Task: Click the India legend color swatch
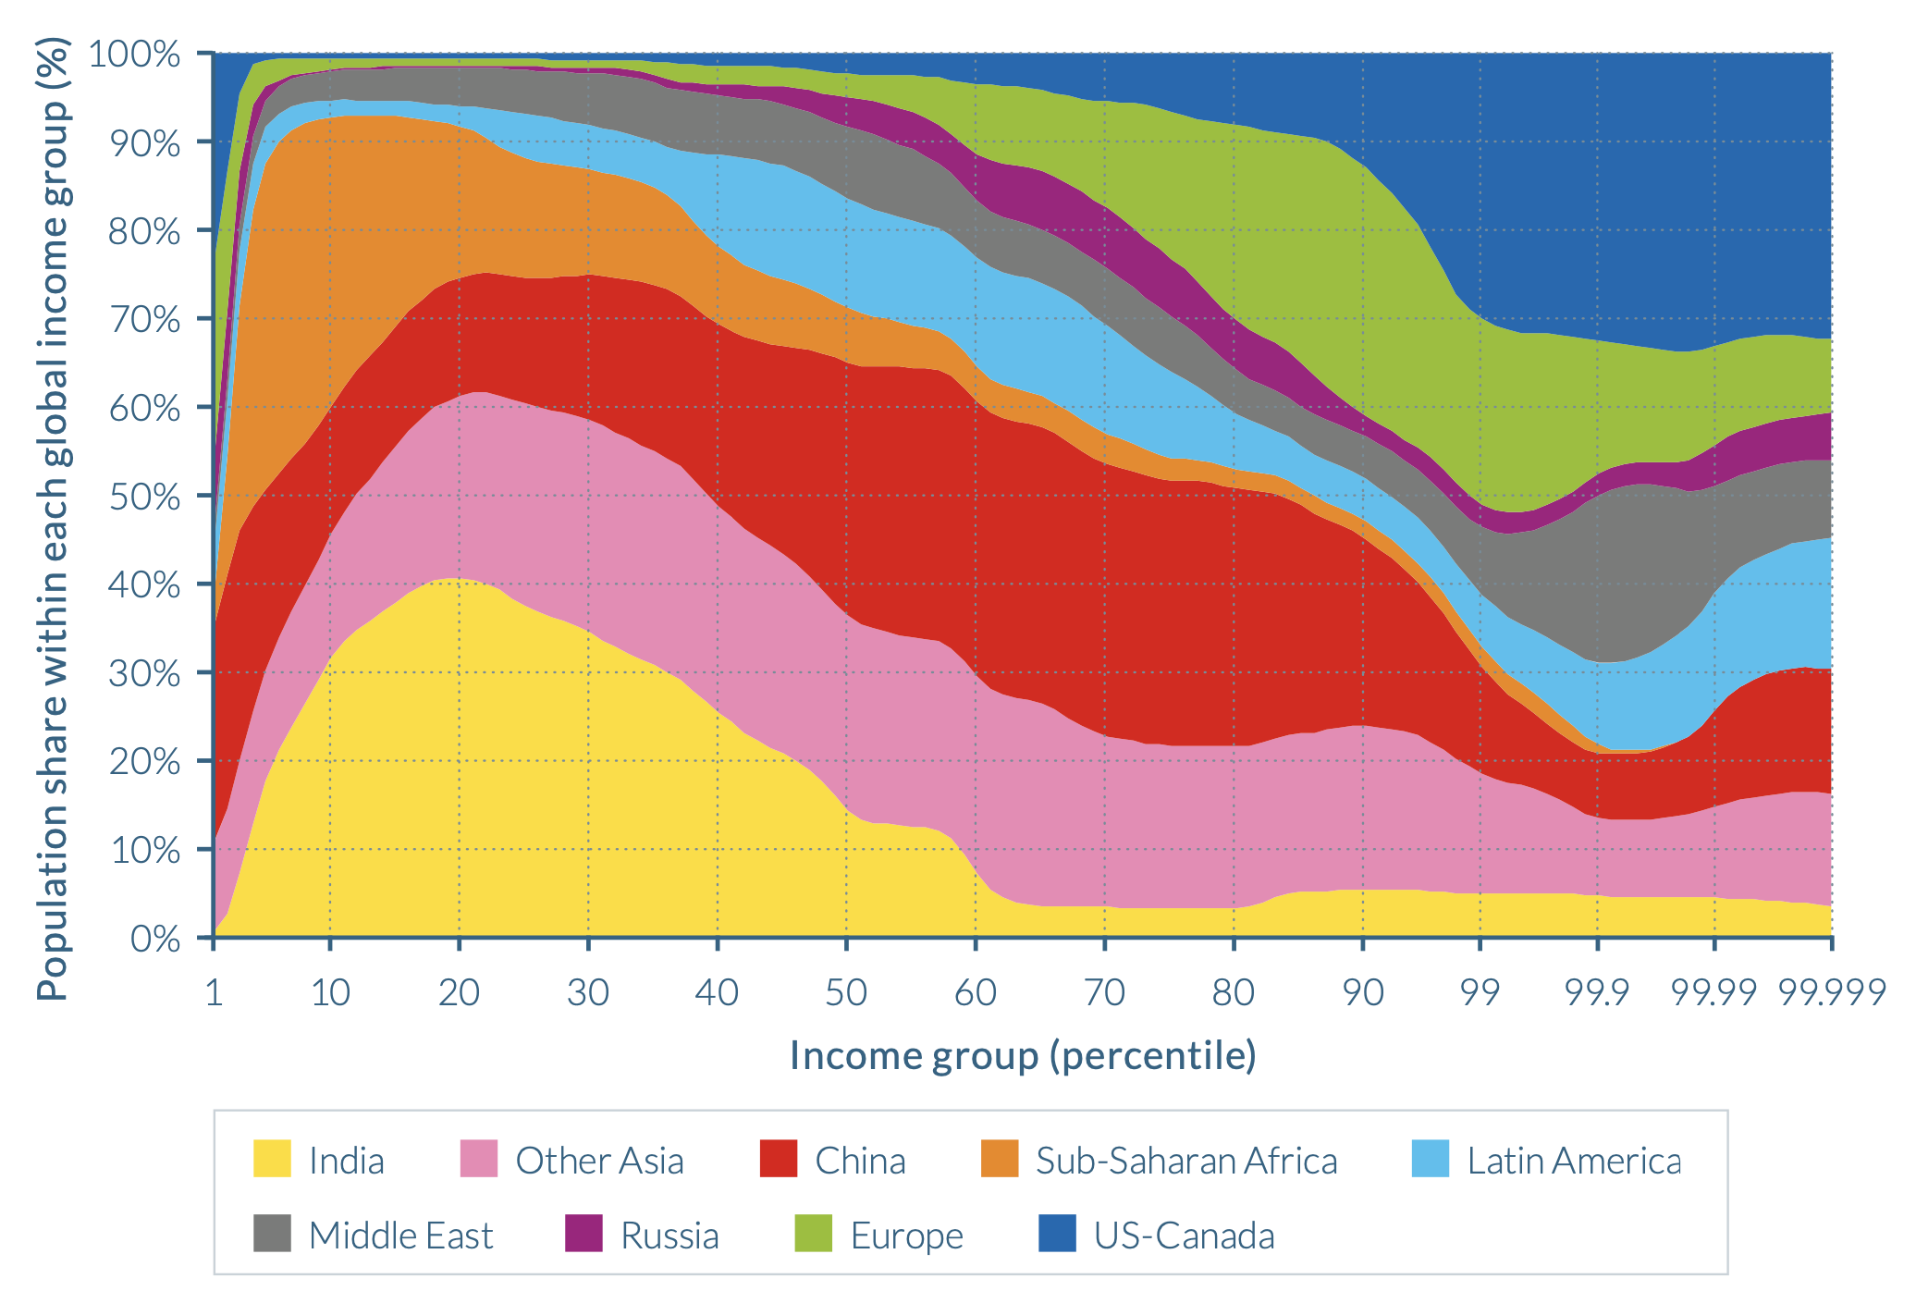tap(272, 1159)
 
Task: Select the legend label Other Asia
tap(599, 1161)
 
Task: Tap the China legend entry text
tap(860, 1161)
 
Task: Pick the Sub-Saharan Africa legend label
tap(1186, 1161)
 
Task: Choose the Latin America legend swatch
tap(1431, 1159)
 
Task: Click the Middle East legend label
tap(400, 1236)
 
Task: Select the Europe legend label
tap(906, 1236)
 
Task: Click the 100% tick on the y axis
tap(135, 55)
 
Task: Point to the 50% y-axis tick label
tap(144, 497)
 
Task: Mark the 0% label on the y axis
tap(154, 939)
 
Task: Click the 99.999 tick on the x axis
tap(1832, 992)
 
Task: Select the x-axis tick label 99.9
tap(1597, 992)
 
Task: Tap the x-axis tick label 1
tap(214, 992)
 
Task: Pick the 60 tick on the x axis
tap(975, 992)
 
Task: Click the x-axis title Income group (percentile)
tap(1023, 1055)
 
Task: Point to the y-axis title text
tap(53, 518)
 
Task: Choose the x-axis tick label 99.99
tap(1713, 992)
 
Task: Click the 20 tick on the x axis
tap(459, 992)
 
